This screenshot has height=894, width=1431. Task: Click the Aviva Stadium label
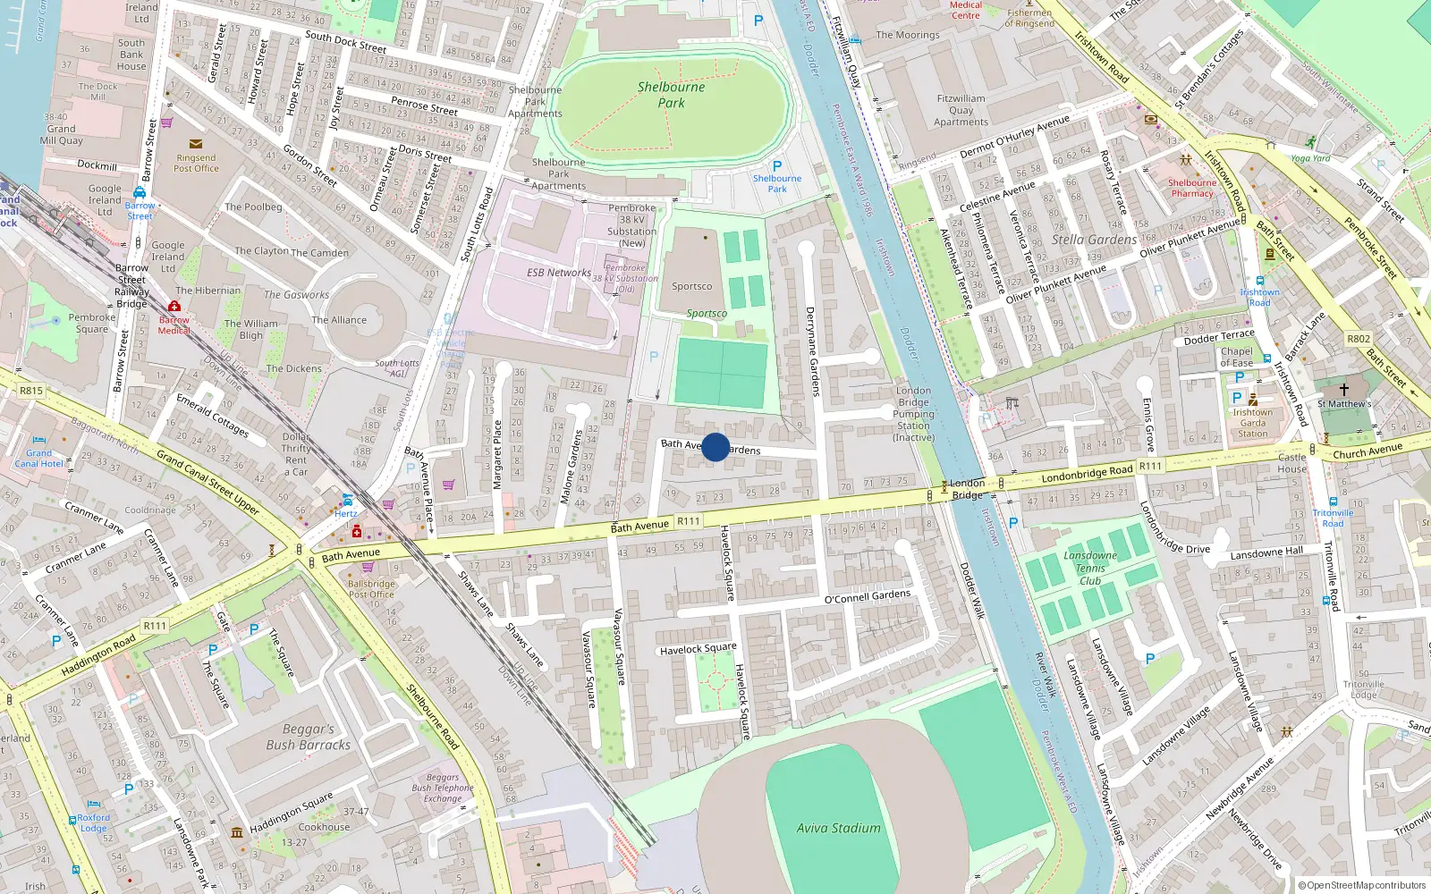click(x=838, y=828)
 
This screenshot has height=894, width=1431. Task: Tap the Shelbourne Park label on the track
click(x=671, y=95)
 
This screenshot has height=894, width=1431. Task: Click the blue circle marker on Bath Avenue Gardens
click(x=715, y=447)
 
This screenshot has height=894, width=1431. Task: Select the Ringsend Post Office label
click(x=196, y=163)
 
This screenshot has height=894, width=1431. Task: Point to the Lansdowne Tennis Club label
click(x=1089, y=568)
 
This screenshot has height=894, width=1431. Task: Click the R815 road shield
click(x=31, y=391)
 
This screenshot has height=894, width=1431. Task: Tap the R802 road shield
click(x=1358, y=339)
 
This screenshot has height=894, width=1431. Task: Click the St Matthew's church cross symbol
click(x=1343, y=390)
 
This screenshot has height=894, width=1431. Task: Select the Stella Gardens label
click(x=1094, y=240)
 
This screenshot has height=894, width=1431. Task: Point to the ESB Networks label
click(x=558, y=273)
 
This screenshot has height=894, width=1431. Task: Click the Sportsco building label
click(x=691, y=286)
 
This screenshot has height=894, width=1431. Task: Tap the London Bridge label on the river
click(x=967, y=489)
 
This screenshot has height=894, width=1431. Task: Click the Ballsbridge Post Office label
click(x=370, y=589)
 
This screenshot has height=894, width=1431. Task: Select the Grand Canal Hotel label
click(x=38, y=459)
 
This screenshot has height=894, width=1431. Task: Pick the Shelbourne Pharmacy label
click(x=1192, y=188)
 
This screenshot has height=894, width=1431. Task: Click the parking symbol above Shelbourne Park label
click(x=776, y=166)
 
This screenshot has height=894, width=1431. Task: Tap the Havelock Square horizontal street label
click(x=698, y=649)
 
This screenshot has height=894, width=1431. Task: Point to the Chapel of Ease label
click(x=1236, y=357)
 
